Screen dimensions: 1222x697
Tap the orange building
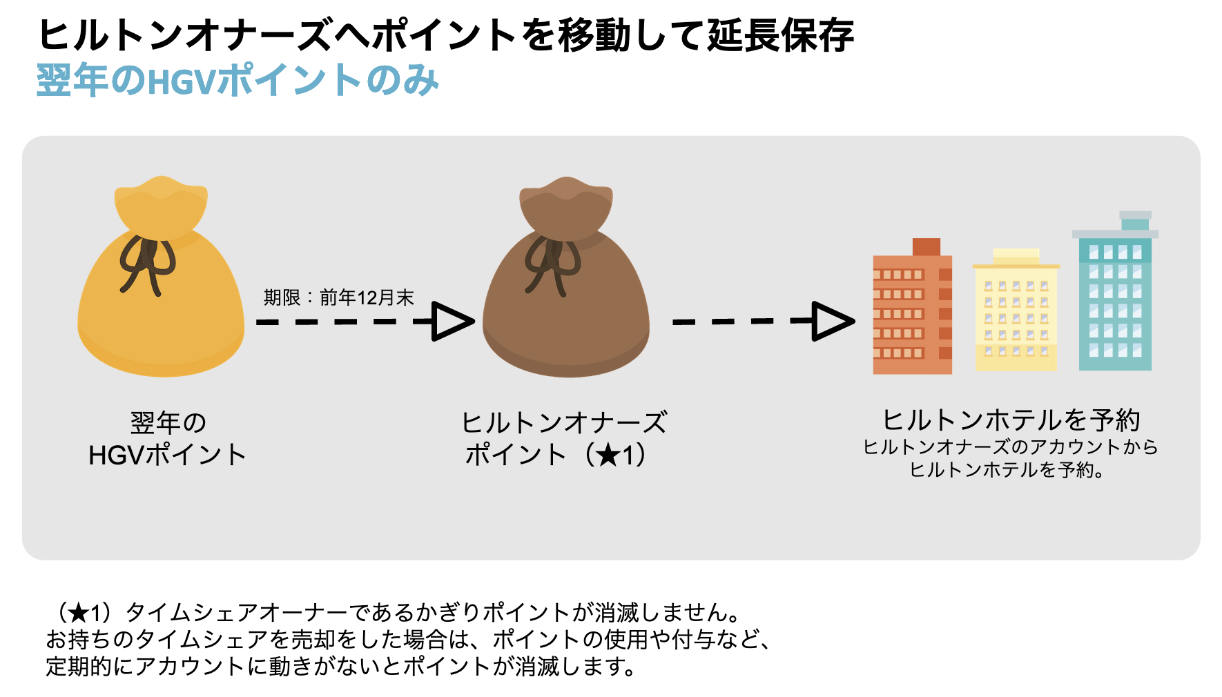[913, 306]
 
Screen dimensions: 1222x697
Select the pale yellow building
[1016, 310]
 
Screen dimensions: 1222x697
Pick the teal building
[1115, 291]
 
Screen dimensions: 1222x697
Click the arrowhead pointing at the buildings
[834, 321]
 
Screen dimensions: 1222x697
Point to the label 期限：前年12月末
[338, 297]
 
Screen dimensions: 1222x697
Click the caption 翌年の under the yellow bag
[168, 422]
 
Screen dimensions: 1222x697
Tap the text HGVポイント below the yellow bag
[168, 455]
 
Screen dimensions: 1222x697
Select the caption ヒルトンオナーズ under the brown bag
[564, 422]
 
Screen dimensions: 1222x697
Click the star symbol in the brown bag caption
[608, 455]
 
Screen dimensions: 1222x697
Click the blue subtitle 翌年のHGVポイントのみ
[237, 80]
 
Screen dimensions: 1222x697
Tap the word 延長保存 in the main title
[781, 35]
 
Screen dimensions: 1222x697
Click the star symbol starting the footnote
[79, 613]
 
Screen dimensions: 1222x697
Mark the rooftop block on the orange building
[926, 246]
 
